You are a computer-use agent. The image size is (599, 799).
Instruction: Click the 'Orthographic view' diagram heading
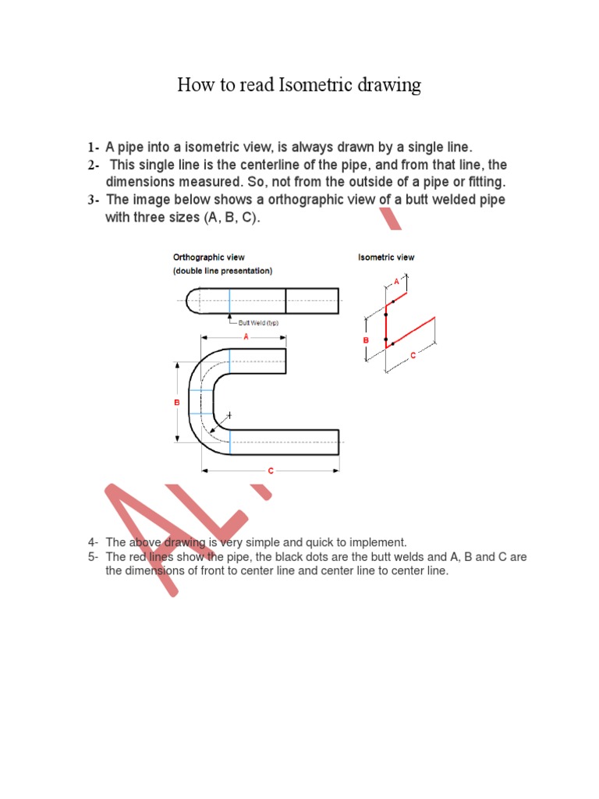coord(209,257)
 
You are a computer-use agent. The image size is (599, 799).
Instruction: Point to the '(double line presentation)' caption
coord(222,271)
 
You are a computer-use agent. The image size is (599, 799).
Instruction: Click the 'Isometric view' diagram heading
coord(386,257)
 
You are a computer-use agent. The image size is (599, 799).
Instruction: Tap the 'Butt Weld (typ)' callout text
coord(258,322)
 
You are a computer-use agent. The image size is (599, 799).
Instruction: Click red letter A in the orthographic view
coord(246,337)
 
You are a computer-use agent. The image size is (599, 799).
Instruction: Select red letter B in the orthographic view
coord(176,402)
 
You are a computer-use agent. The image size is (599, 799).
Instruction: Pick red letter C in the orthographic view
coord(271,471)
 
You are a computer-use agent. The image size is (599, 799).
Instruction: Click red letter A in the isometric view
coord(396,279)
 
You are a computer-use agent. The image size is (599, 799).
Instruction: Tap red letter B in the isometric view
coord(365,340)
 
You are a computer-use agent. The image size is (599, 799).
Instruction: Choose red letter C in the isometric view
coord(413,354)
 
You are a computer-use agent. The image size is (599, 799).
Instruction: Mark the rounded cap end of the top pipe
coord(193,300)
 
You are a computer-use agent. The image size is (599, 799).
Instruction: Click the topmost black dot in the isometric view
coord(394,301)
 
